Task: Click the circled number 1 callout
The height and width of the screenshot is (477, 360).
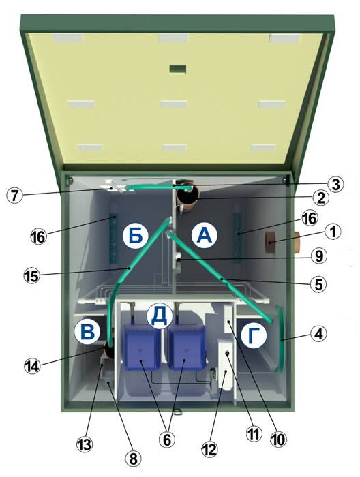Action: point(333,232)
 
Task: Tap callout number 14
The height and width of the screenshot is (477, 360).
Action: point(32,365)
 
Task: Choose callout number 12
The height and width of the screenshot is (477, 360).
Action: point(210,449)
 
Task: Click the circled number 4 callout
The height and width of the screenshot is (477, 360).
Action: point(318,334)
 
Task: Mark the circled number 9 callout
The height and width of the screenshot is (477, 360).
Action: point(318,256)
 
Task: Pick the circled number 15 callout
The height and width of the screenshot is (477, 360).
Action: point(32,275)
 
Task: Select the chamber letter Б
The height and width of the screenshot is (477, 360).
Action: point(136,236)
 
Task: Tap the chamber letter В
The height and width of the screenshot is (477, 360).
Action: point(87,331)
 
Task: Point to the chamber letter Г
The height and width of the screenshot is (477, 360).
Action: point(254,335)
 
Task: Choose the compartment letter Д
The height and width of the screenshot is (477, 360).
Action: point(160,316)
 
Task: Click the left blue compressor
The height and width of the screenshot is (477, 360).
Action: point(142,347)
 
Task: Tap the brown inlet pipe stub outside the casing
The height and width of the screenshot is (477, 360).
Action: point(297,243)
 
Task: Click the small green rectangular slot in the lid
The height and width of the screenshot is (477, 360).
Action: point(178,70)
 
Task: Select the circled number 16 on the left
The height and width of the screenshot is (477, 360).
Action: point(39,236)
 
